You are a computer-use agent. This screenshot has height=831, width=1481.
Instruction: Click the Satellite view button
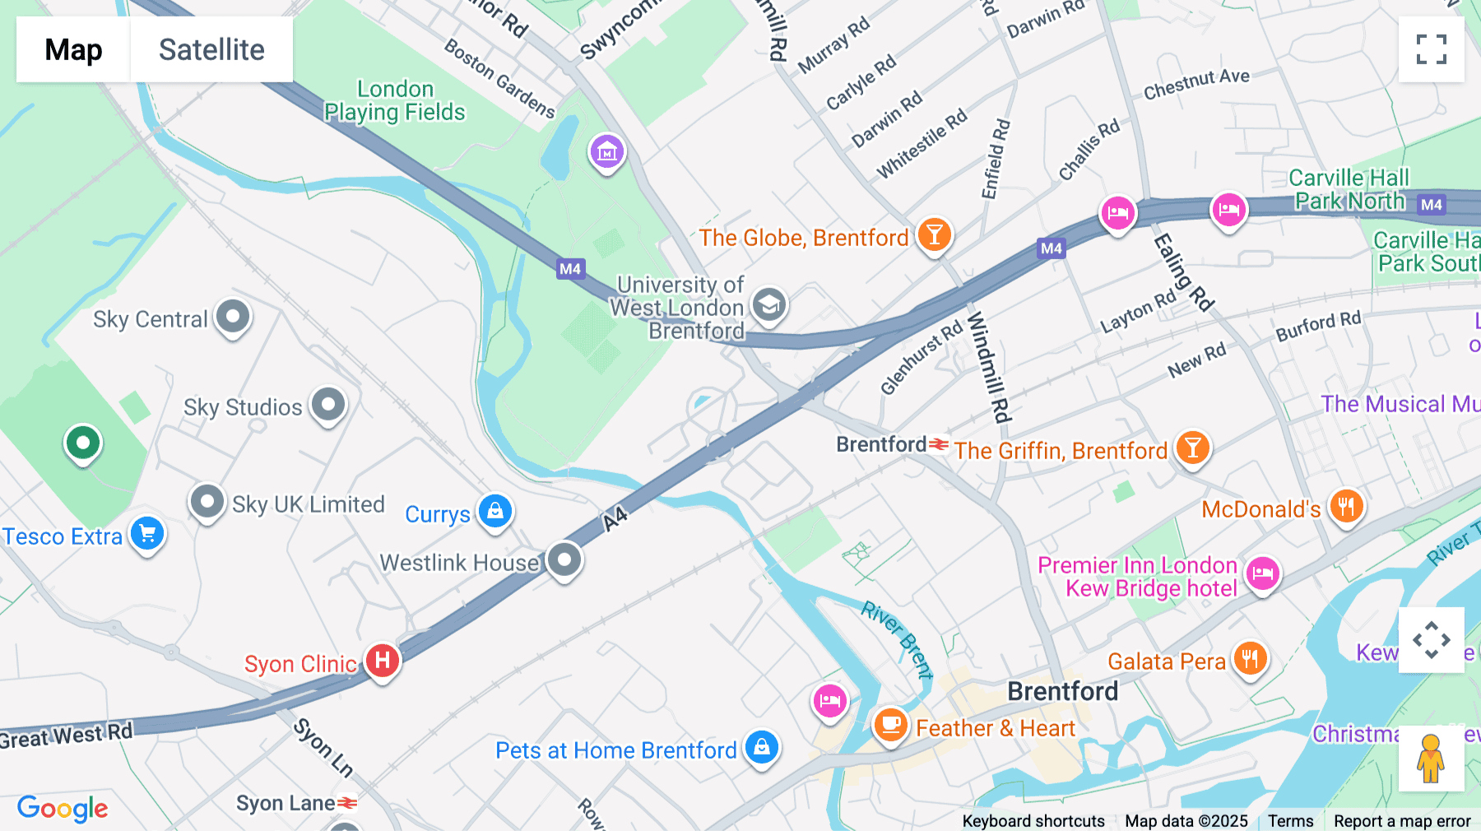click(211, 49)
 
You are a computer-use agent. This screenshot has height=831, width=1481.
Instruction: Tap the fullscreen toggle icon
click(1431, 49)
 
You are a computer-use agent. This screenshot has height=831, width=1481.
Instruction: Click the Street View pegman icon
click(1431, 758)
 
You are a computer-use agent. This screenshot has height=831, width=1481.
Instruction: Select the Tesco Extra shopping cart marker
click(147, 534)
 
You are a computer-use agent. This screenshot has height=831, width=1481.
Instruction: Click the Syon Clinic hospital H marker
click(383, 660)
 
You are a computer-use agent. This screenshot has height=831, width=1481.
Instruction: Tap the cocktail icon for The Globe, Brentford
click(934, 235)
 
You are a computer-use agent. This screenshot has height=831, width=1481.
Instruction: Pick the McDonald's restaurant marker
click(1346, 506)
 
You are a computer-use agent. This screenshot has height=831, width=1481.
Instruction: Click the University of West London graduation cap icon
click(769, 305)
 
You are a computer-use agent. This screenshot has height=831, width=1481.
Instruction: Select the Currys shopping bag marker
click(495, 511)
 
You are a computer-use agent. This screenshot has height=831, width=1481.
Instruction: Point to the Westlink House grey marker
click(564, 560)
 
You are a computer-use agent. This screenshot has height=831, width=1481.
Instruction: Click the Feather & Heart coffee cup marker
click(890, 725)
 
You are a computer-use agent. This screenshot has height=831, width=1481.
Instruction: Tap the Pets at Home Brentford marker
click(762, 747)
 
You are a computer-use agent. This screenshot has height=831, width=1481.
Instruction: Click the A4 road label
click(615, 518)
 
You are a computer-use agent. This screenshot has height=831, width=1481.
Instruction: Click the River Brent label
click(897, 639)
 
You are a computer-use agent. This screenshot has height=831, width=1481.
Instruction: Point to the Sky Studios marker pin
click(328, 404)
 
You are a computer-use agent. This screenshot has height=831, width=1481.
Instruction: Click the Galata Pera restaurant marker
click(1250, 659)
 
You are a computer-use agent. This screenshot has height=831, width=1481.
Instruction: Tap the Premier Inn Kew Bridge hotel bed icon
click(1263, 573)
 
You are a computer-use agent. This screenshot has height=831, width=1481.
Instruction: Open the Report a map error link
click(1402, 821)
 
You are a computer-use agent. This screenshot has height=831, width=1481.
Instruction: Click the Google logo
click(63, 808)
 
